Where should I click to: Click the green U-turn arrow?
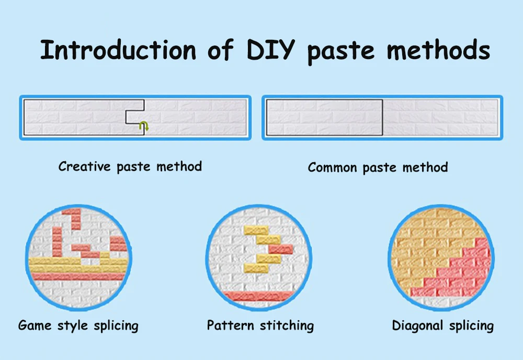pyautogui.click(x=143, y=126)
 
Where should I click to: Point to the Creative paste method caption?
pyautogui.click(x=130, y=166)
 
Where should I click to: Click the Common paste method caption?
pyautogui.click(x=378, y=167)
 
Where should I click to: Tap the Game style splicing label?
pyautogui.click(x=78, y=325)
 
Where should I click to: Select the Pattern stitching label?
pyautogui.click(x=260, y=325)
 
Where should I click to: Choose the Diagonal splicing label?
pyautogui.click(x=442, y=325)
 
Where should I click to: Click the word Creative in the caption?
pyautogui.click(x=85, y=166)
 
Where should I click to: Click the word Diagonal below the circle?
pyautogui.click(x=416, y=325)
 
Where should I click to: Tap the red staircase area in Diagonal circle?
pyautogui.click(x=460, y=272)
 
